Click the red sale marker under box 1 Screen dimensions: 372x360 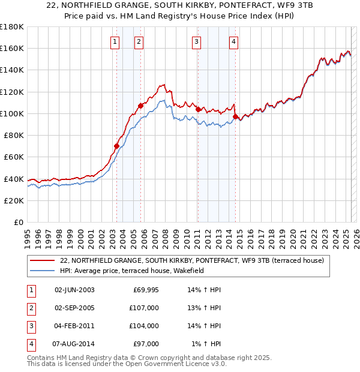click(x=116, y=146)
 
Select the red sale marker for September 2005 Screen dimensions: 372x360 click(x=140, y=106)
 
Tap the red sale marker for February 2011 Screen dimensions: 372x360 click(x=197, y=109)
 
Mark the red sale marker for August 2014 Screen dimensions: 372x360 click(x=235, y=116)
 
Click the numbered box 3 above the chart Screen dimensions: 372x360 click(x=196, y=41)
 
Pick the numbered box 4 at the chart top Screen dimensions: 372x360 click(x=233, y=41)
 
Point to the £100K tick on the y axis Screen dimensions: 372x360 click(x=12, y=113)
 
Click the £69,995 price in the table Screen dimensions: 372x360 click(x=146, y=290)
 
